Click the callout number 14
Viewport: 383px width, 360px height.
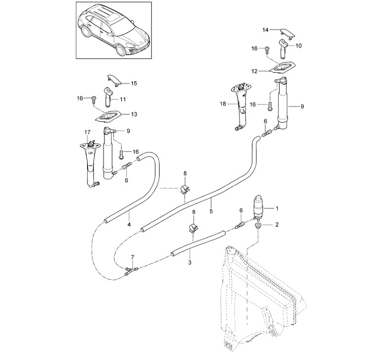265,30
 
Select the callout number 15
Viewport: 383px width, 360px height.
134,83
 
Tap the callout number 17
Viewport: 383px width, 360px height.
87,133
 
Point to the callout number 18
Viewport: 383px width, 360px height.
223,104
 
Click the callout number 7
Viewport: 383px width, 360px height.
133,257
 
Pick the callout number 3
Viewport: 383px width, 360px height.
190,263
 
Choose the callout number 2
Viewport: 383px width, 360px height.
277,224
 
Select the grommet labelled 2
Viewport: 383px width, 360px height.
258,225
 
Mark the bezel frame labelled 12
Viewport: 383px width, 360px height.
283,67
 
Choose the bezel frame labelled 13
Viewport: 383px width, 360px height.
108,116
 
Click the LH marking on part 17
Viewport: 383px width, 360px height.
91,154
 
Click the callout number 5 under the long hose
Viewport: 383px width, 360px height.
211,210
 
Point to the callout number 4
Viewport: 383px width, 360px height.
129,224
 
